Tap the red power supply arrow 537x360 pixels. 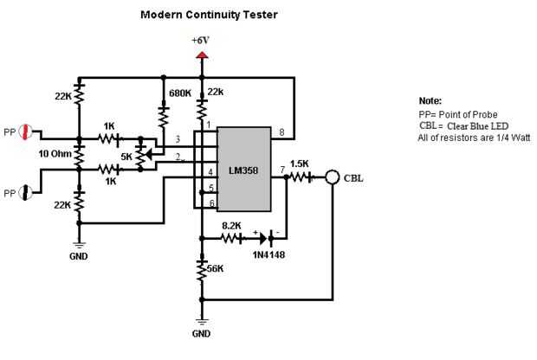pyautogui.click(x=202, y=55)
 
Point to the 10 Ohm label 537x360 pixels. pyautogui.click(x=55, y=153)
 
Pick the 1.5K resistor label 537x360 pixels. pyautogui.click(x=300, y=164)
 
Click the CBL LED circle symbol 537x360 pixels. pyautogui.click(x=332, y=178)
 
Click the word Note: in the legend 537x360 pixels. pyautogui.click(x=430, y=101)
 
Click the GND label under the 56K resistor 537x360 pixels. pyautogui.click(x=202, y=331)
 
